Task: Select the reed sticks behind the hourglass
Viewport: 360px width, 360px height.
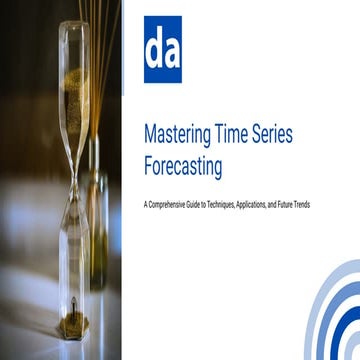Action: pyautogui.click(x=100, y=40)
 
